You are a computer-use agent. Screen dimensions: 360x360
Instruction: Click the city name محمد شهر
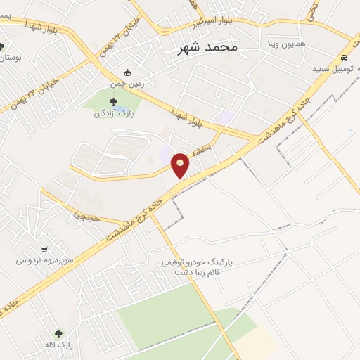(x=204, y=47)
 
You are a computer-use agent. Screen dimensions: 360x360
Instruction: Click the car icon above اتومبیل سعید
(x=343, y=58)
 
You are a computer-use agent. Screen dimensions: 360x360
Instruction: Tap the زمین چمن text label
(x=127, y=83)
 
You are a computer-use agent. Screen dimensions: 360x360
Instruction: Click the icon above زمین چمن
(x=127, y=72)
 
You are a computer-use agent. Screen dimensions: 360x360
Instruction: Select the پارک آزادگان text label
(x=113, y=114)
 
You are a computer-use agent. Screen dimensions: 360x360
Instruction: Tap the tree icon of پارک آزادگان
(x=113, y=103)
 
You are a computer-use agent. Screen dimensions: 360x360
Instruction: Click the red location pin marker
(x=181, y=165)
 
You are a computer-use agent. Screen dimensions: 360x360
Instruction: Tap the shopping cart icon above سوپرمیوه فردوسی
(x=45, y=249)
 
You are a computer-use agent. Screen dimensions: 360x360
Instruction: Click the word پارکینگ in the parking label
(x=219, y=262)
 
